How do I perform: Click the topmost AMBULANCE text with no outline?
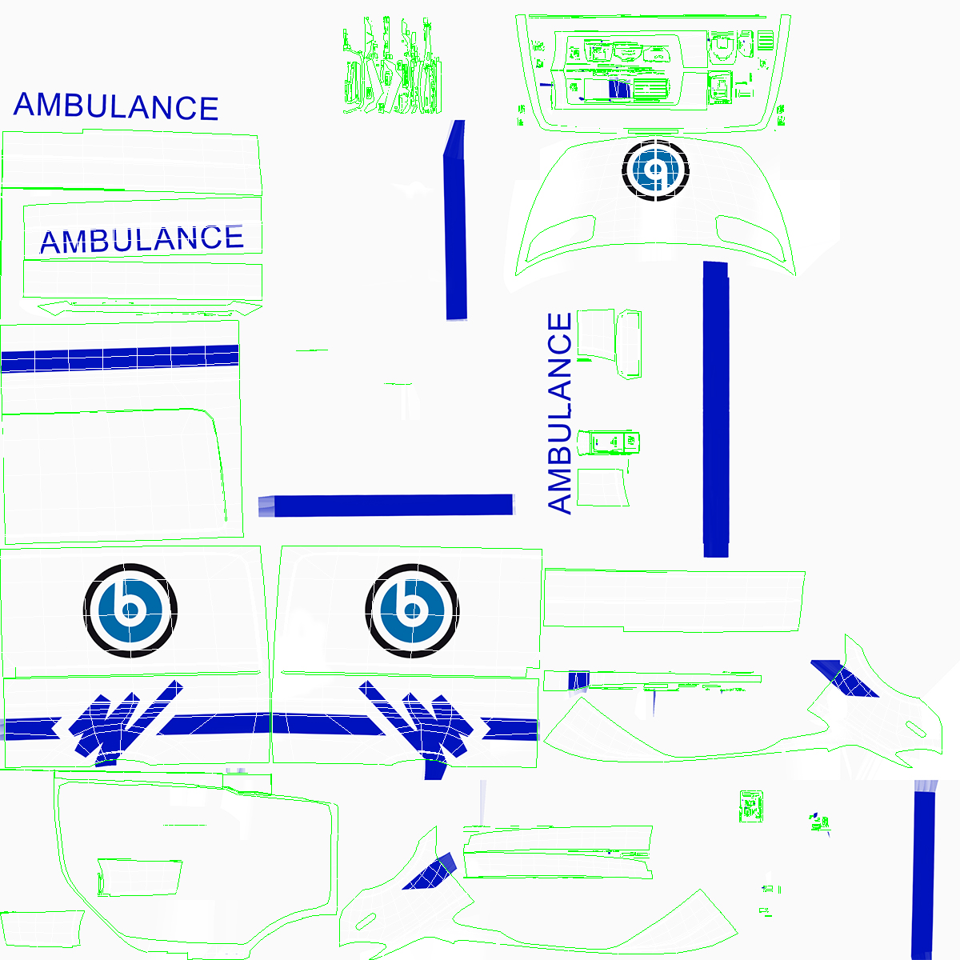pos(116,106)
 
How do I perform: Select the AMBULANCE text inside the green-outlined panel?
pos(142,239)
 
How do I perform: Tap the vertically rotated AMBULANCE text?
pos(560,413)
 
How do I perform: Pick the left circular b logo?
pos(130,610)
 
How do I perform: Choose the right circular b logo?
pos(413,610)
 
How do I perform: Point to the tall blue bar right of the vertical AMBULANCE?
pos(715,408)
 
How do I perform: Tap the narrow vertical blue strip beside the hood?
pos(455,220)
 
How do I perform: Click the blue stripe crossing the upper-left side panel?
pos(120,358)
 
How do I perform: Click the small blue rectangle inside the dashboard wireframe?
pos(618,89)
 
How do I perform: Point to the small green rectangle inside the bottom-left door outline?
pos(139,877)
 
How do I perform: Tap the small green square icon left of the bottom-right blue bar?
pos(750,805)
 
